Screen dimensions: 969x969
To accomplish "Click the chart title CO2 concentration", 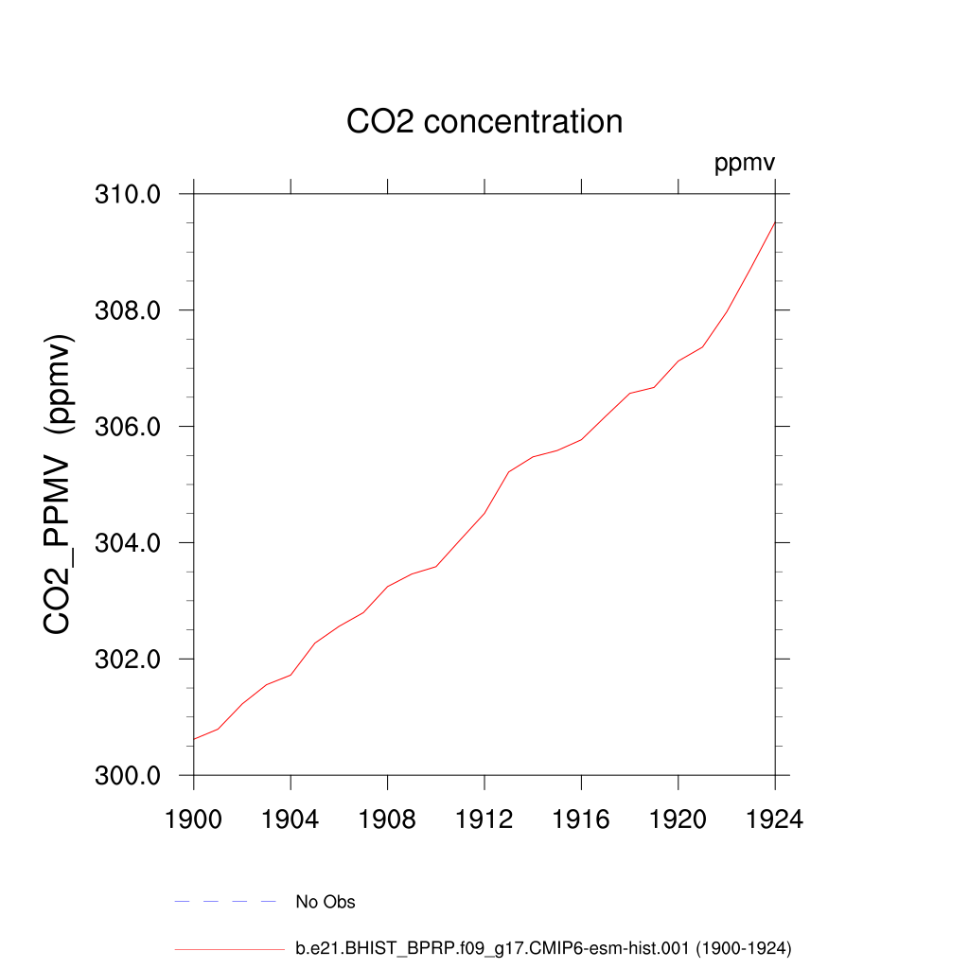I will point(484,122).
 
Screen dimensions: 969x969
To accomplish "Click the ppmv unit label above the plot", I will point(745,164).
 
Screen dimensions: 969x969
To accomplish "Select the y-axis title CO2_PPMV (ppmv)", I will point(59,484).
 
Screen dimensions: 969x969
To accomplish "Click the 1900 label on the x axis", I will point(193,819).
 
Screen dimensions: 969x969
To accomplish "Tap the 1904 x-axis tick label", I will point(291,819).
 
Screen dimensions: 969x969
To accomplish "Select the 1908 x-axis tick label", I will point(387,819).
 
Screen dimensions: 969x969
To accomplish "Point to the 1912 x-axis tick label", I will point(484,819).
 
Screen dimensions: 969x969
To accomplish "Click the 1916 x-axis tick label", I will point(581,819).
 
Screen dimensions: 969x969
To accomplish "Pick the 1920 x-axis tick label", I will point(678,819).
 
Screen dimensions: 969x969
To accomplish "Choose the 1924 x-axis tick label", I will point(775,819).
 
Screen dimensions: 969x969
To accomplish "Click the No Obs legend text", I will point(326,902).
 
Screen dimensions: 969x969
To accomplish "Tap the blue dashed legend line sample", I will point(224,902).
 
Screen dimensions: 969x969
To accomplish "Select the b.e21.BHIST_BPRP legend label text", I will point(543,947).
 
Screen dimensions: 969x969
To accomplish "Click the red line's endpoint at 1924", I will point(775,222).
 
